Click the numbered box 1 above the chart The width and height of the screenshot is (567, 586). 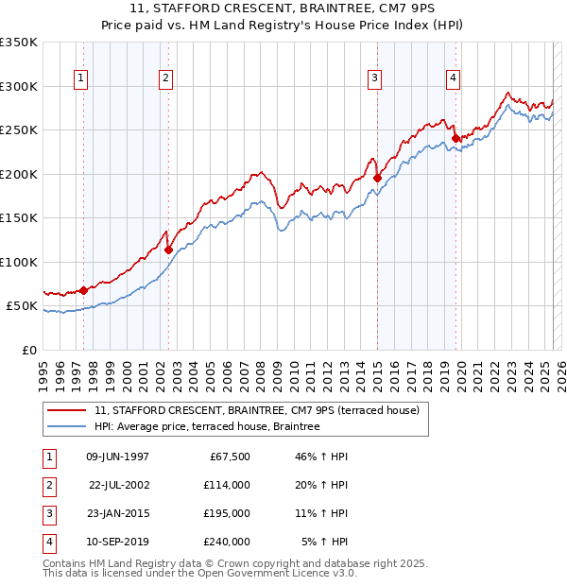point(80,78)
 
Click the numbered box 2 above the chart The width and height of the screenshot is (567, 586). point(165,78)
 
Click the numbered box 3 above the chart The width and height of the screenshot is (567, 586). point(375,78)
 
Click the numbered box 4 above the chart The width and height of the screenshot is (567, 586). point(454,78)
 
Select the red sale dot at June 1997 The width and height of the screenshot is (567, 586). point(83,291)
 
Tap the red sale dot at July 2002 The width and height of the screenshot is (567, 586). point(169,250)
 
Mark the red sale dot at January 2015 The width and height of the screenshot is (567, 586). point(378,178)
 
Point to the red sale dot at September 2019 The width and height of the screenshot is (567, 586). point(455,138)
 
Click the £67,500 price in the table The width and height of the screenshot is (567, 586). point(227,457)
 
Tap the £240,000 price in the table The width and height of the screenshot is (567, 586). point(227,542)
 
